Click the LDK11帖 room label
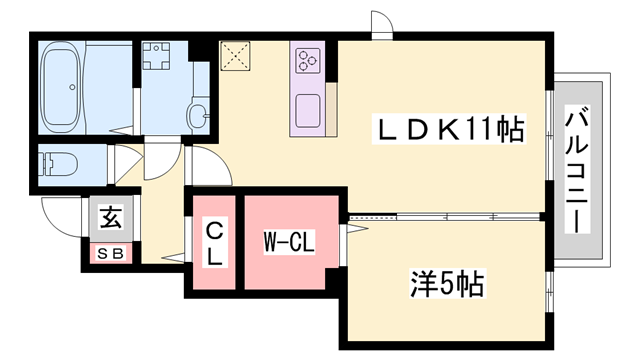point(450,128)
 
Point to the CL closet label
point(214,243)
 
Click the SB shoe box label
point(109,254)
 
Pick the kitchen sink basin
point(306,108)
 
